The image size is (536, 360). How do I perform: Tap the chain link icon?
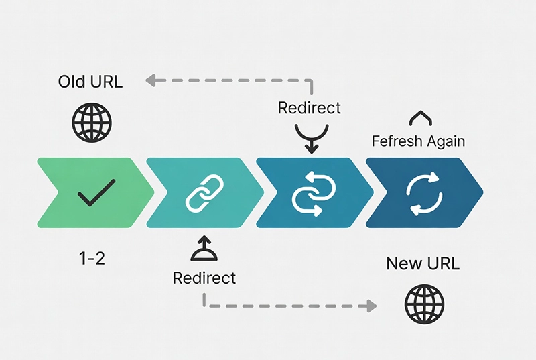202,193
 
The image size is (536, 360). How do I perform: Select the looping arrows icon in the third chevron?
312,194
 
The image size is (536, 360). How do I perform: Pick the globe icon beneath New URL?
425,304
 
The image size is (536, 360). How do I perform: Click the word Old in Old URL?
72,82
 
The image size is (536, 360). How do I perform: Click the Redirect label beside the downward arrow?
309,107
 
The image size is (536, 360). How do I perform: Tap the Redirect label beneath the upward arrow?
204,278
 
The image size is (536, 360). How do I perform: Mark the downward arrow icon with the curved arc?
310,136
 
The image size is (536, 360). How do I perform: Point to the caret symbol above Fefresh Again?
419,119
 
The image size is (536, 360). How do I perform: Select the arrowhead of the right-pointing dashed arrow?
368,306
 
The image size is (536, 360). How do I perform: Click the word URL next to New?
442,263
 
